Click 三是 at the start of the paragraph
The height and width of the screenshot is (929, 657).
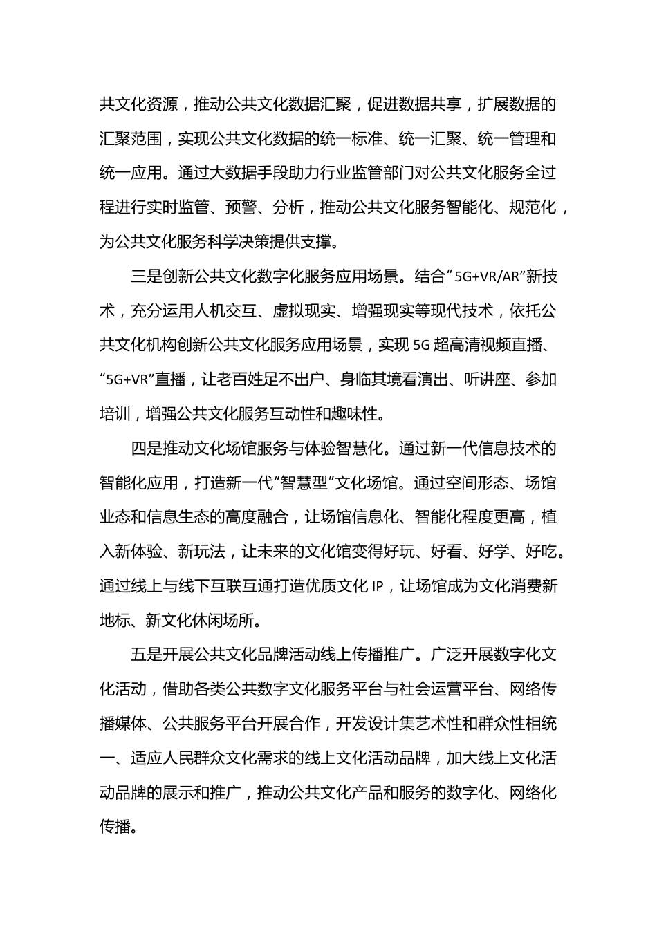pyautogui.click(x=146, y=276)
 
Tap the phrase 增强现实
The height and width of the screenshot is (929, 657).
pyautogui.click(x=382, y=311)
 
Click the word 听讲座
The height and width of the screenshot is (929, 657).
pyautogui.click(x=485, y=379)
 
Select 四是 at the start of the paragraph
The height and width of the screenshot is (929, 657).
pyautogui.click(x=146, y=449)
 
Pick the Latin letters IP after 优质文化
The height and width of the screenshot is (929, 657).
pyautogui.click(x=377, y=586)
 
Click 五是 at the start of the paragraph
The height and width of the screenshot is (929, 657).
pyautogui.click(x=146, y=655)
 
